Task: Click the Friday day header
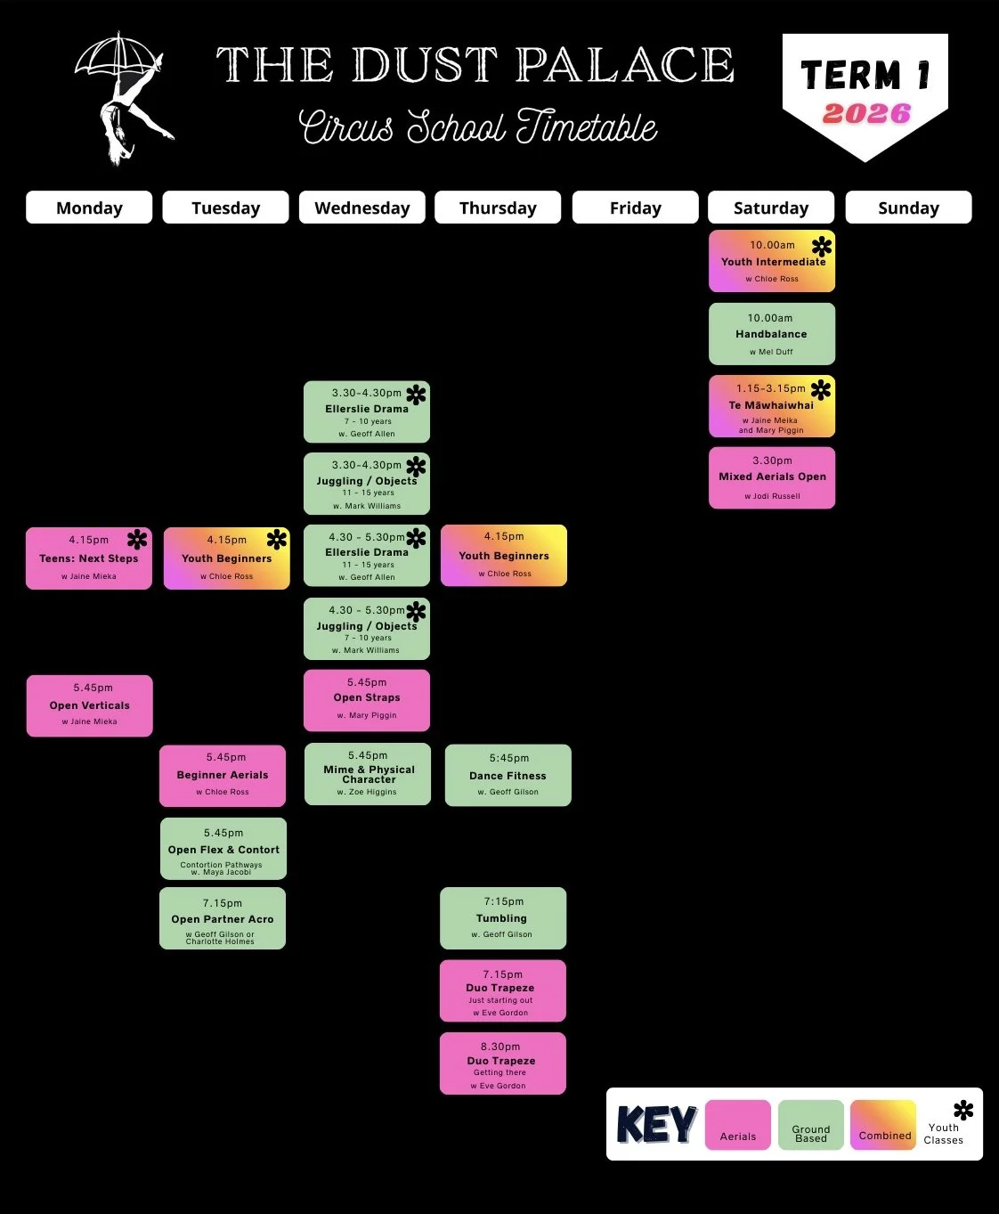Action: tap(635, 208)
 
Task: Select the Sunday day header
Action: tap(908, 208)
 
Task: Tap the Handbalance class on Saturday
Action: tap(771, 334)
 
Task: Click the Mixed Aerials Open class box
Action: tap(771, 478)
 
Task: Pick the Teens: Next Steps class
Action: tap(89, 558)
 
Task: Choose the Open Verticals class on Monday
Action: tap(89, 705)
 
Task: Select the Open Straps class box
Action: tap(367, 700)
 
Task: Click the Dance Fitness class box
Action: tap(508, 775)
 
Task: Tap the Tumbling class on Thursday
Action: tap(503, 918)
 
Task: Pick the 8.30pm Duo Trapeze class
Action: tap(502, 1063)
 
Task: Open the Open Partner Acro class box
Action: tap(223, 918)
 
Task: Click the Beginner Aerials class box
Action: tap(223, 776)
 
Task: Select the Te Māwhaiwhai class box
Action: tap(771, 406)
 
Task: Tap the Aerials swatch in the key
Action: tap(737, 1124)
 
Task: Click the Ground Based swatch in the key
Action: tap(810, 1124)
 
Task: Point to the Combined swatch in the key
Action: tap(883, 1124)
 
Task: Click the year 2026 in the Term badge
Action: tap(866, 114)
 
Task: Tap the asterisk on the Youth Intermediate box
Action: tap(822, 246)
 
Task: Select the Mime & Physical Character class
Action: tap(368, 774)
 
